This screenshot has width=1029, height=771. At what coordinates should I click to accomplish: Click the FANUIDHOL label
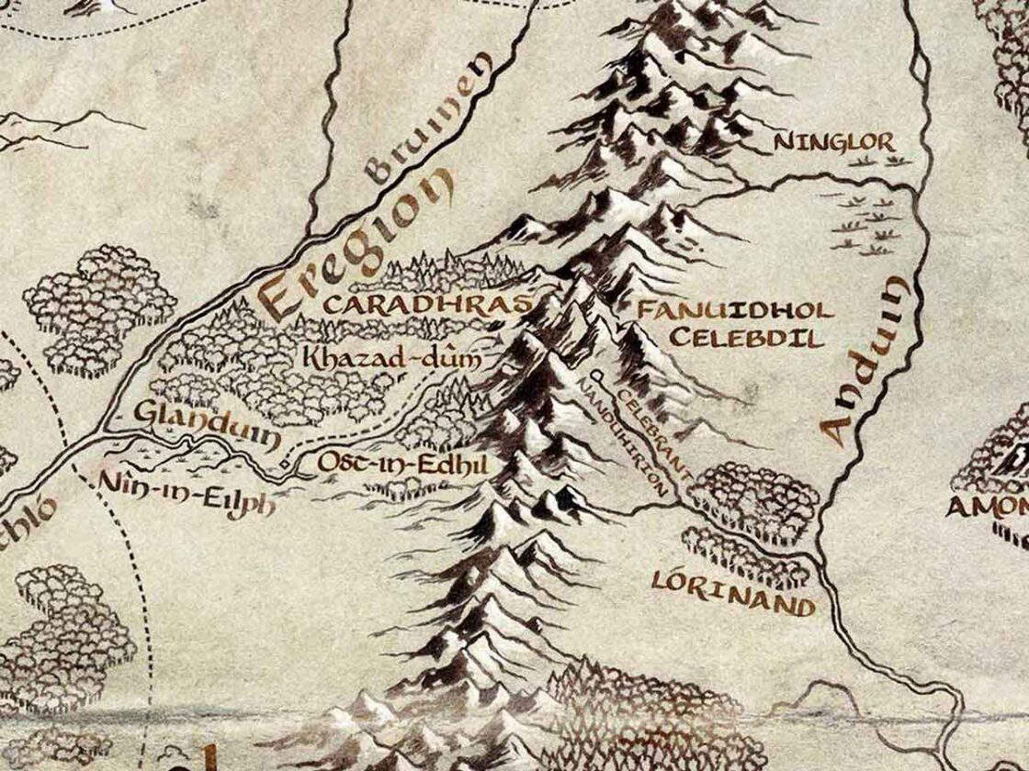735,309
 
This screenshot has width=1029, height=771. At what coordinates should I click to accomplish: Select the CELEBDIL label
746,338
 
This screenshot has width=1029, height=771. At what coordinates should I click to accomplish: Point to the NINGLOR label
834,142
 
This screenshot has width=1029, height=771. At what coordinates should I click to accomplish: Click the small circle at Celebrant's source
598,375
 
